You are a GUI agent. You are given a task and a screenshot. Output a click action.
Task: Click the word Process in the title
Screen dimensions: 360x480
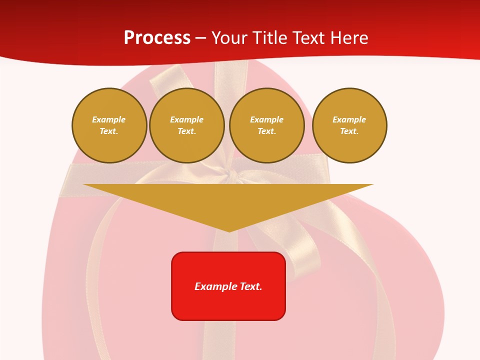click(x=157, y=38)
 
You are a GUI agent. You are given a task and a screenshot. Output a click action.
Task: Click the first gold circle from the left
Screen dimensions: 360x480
click(x=109, y=125)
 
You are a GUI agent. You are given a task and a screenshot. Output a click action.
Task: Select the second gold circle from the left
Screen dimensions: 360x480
click(x=186, y=125)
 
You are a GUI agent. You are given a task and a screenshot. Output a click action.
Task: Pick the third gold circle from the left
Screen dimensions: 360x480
click(x=266, y=125)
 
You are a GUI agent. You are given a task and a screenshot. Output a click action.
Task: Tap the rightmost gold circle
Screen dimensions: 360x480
click(x=349, y=125)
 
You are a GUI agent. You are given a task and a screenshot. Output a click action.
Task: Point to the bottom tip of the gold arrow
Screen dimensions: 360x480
click(x=228, y=231)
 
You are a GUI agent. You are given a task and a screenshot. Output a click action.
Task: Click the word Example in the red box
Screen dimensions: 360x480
click(x=215, y=286)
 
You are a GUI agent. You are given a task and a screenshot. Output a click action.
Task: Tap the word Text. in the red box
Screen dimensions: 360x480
click(x=250, y=286)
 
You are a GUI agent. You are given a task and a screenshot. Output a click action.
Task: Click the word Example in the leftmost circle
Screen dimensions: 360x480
click(x=109, y=119)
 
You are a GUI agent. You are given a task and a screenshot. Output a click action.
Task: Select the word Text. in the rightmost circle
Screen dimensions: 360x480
click(x=349, y=131)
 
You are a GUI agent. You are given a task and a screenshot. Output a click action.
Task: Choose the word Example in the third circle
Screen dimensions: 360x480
click(x=266, y=119)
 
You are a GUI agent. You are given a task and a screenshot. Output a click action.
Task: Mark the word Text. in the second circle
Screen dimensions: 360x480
click(x=186, y=131)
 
